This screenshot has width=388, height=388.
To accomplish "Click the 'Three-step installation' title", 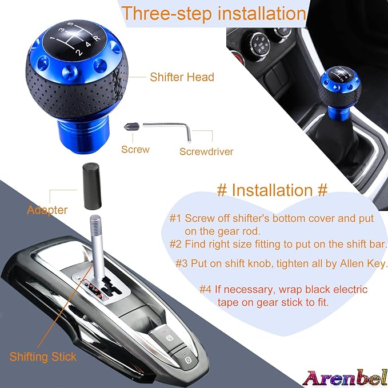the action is (x=214, y=13).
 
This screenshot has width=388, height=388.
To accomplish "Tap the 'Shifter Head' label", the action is (x=182, y=77).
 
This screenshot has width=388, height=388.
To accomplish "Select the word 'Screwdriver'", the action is (x=206, y=151).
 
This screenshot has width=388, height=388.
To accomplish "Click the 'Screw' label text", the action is (x=135, y=149).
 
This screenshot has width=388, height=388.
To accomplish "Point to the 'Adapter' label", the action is (x=47, y=210).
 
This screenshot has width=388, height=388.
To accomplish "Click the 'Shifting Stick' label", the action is (x=43, y=357).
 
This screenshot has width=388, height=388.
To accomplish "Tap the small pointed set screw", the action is (x=131, y=127).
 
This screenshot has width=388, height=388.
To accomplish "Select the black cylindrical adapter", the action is (x=92, y=186).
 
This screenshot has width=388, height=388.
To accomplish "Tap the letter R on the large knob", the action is (x=97, y=38).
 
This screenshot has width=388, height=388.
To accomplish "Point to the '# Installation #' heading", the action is (x=273, y=190).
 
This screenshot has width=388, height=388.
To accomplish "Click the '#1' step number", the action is (x=175, y=218).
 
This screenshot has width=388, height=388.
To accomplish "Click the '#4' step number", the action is (x=205, y=289).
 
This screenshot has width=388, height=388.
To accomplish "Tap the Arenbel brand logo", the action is (x=345, y=378).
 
